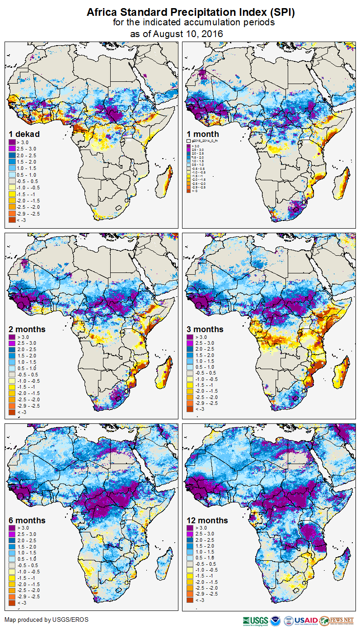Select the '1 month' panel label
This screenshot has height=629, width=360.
coord(203,134)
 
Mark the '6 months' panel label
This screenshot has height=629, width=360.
coord(27,520)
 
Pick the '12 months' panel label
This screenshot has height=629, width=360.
coord(207,520)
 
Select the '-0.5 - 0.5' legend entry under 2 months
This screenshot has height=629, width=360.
coord(28,375)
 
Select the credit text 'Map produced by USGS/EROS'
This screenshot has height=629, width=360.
coord(47,620)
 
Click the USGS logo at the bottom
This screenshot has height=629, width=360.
coord(256,621)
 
